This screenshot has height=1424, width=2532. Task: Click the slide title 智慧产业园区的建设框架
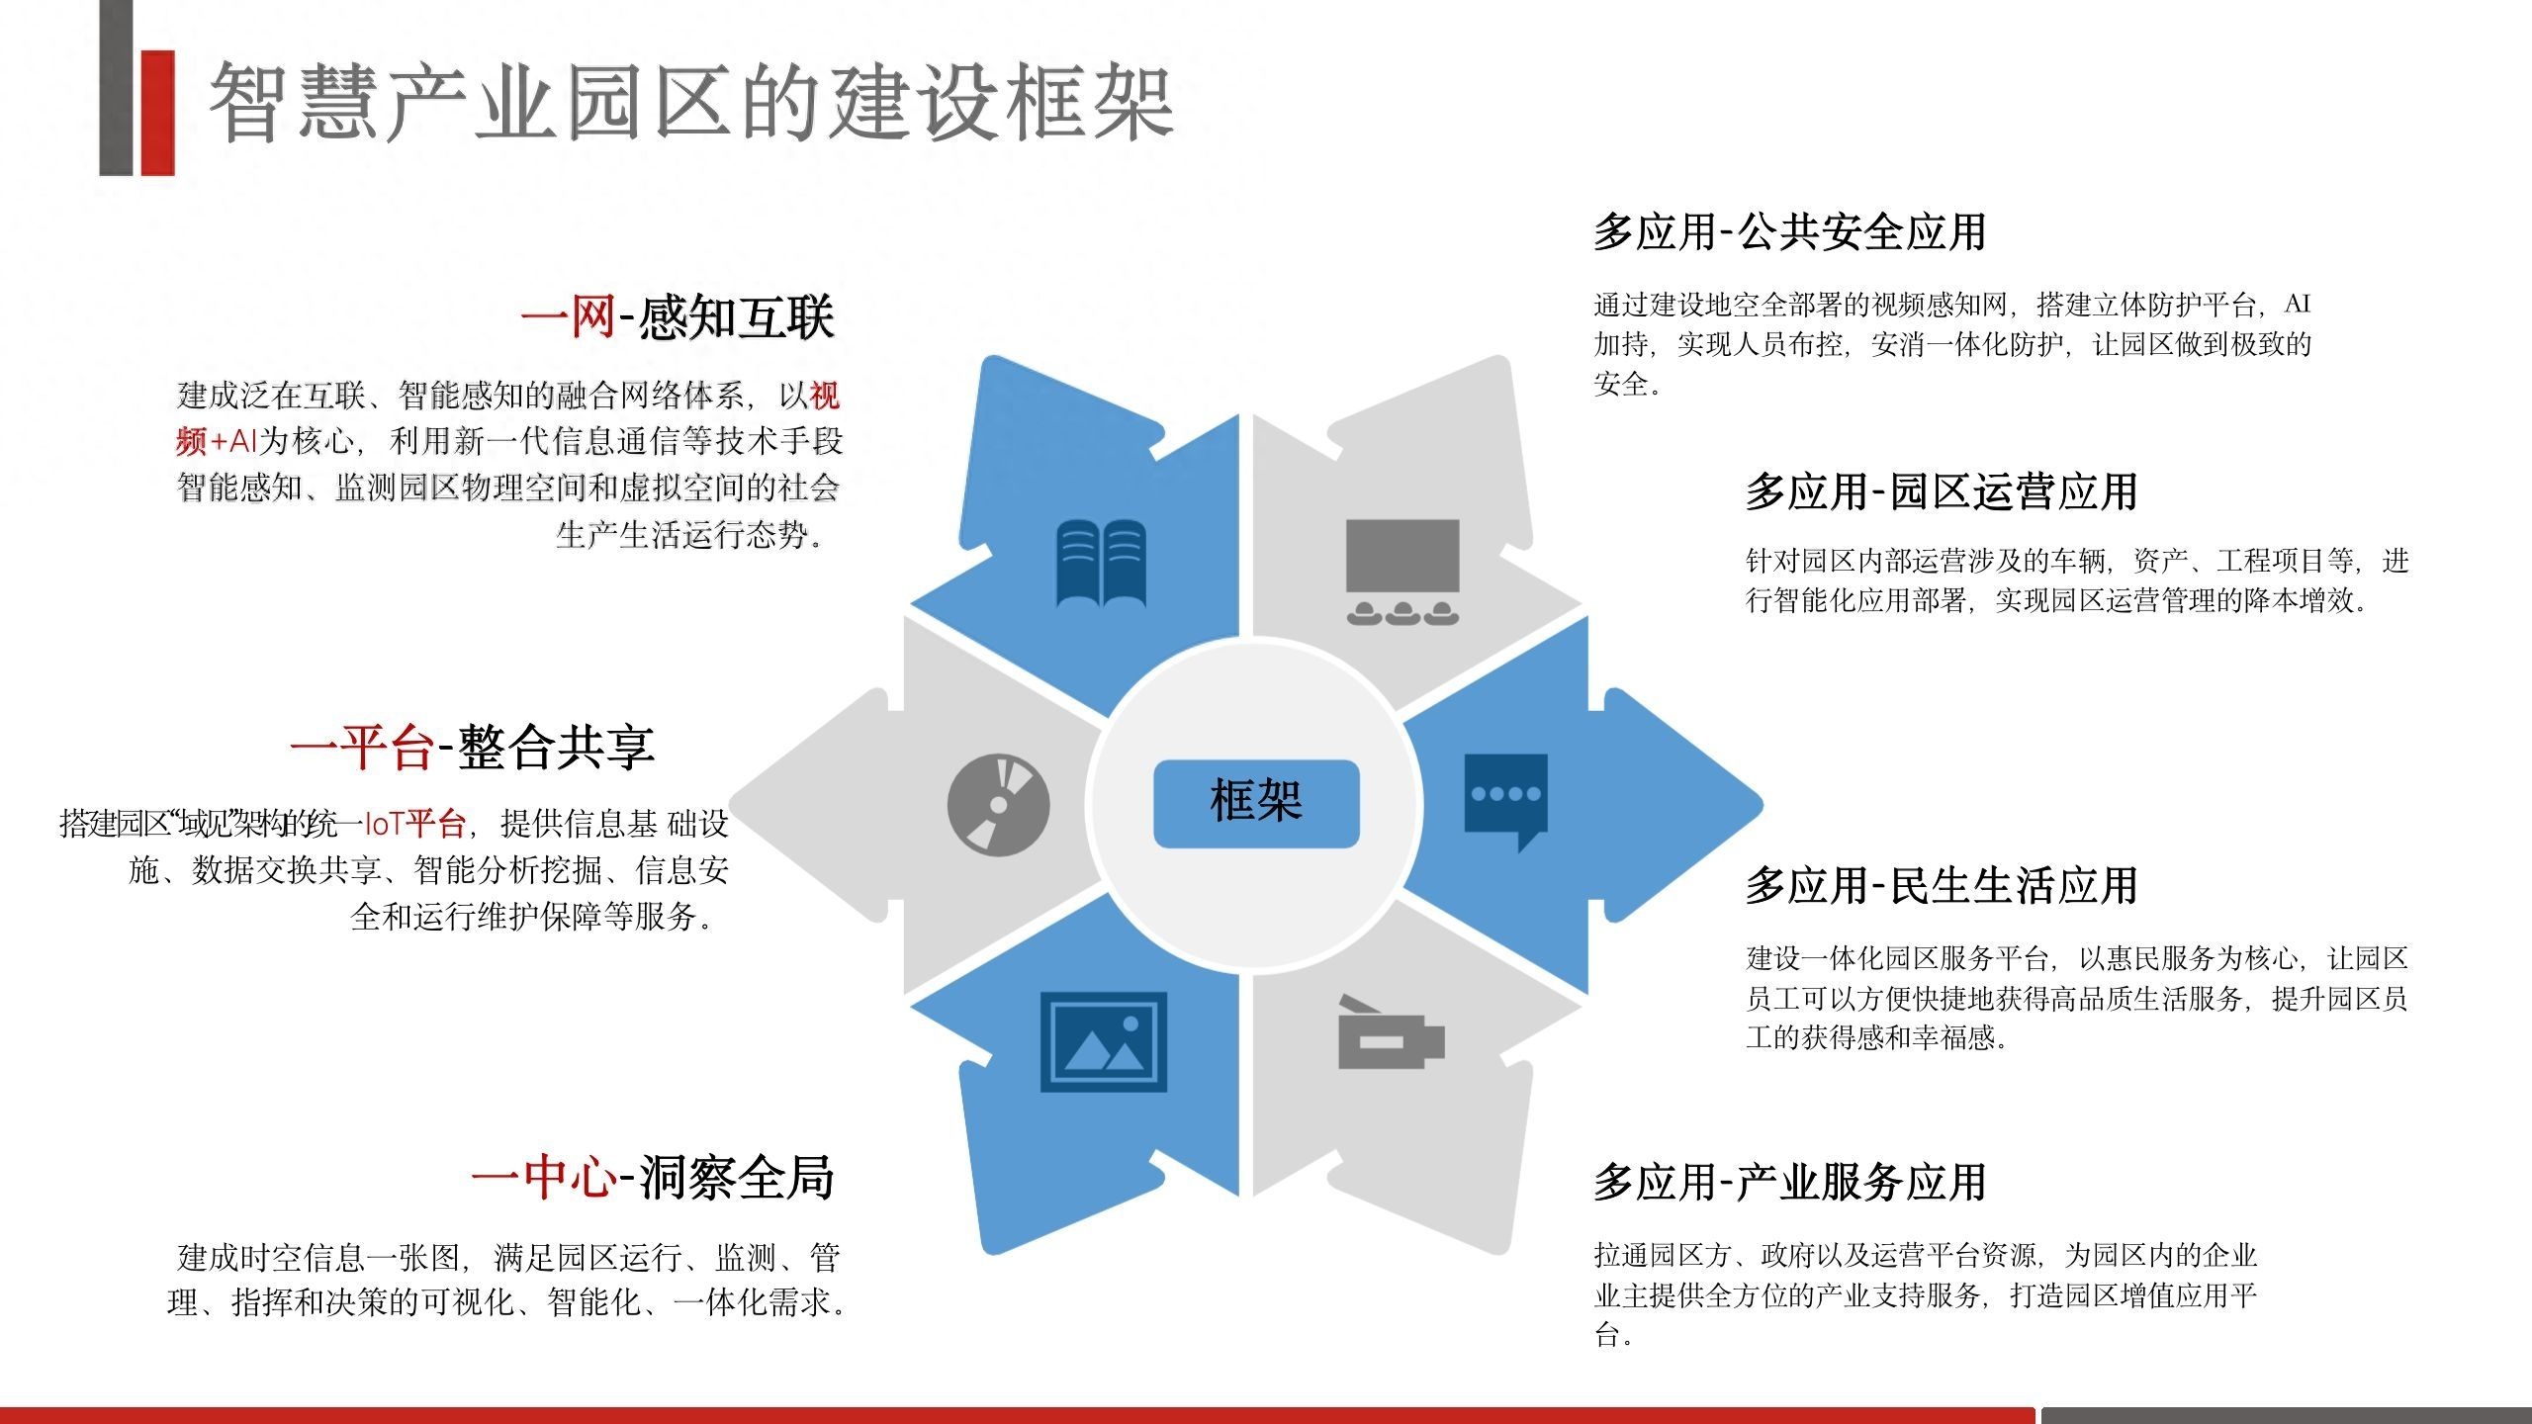click(691, 103)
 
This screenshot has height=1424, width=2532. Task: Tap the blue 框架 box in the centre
click(1256, 803)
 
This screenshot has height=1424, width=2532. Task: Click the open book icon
click(1101, 563)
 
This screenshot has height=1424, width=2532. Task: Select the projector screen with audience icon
click(1402, 572)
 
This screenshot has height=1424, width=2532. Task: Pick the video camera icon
click(1391, 1032)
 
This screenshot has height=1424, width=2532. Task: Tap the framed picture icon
click(1103, 1041)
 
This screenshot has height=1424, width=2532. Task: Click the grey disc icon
click(998, 805)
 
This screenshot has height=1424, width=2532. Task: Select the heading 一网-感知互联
click(678, 318)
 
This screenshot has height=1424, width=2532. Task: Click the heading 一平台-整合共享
click(473, 748)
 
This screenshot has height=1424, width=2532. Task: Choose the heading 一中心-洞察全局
click(653, 1177)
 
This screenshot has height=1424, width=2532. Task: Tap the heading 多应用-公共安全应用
click(1789, 232)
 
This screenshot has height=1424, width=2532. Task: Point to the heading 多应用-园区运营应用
click(1942, 491)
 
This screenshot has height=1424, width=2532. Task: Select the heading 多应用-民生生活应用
click(1942, 885)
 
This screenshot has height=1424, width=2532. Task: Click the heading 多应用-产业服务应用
click(1789, 1182)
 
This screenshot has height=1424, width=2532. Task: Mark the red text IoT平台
click(414, 823)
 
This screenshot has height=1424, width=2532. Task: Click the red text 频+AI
click(217, 441)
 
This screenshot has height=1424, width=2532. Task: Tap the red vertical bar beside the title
click(157, 113)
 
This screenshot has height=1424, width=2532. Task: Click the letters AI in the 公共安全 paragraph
click(2298, 304)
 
